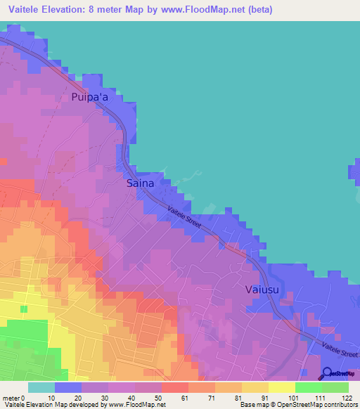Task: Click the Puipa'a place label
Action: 89,98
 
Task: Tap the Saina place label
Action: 140,183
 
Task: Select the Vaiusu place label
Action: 262,289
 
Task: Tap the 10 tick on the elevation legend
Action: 51,398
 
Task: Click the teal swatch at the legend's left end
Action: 41,387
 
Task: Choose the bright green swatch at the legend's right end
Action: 335,387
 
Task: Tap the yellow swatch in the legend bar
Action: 281,387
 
